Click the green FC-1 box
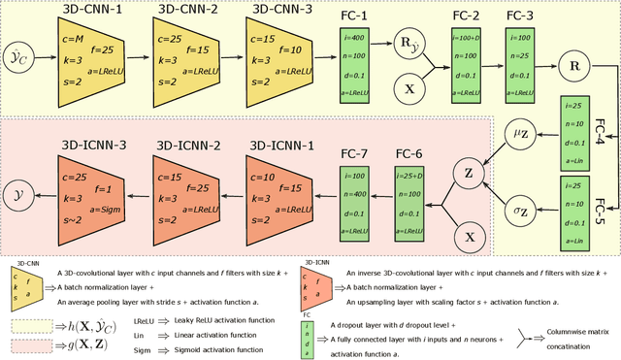click(356, 65)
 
